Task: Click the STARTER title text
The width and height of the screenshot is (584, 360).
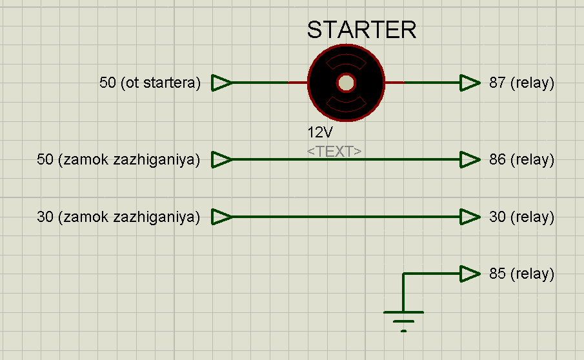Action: pyautogui.click(x=361, y=30)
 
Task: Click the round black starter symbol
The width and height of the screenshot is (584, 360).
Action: pyautogui.click(x=346, y=83)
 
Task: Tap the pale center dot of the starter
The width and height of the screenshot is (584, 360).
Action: pyautogui.click(x=346, y=83)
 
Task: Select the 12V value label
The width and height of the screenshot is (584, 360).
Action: pyautogui.click(x=320, y=132)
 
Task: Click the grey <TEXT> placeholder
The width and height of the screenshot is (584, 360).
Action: pyautogui.click(x=334, y=152)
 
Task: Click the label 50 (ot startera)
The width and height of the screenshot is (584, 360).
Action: pyautogui.click(x=150, y=83)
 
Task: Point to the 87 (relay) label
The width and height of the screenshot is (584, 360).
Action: pyautogui.click(x=521, y=83)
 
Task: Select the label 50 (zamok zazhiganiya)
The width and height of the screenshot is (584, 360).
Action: pyautogui.click(x=119, y=159)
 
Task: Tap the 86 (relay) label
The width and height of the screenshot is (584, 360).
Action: pyautogui.click(x=521, y=159)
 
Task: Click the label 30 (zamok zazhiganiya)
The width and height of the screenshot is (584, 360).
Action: pyautogui.click(x=119, y=217)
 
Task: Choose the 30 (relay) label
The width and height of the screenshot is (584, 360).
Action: pyautogui.click(x=521, y=217)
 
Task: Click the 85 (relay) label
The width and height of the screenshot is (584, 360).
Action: pyautogui.click(x=521, y=274)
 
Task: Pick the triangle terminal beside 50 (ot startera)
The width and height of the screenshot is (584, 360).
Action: pyautogui.click(x=221, y=83)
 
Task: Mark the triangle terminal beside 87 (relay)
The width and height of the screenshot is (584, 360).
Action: pyautogui.click(x=470, y=83)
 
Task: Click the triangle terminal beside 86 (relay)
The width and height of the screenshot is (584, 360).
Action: pyautogui.click(x=470, y=159)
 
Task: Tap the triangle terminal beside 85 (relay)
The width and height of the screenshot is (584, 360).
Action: pyautogui.click(x=470, y=274)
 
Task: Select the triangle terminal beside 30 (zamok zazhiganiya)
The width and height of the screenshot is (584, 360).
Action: pyautogui.click(x=221, y=217)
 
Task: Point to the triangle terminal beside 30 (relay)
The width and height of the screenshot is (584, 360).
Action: pyautogui.click(x=470, y=217)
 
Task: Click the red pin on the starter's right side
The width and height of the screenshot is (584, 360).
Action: pyautogui.click(x=394, y=83)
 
